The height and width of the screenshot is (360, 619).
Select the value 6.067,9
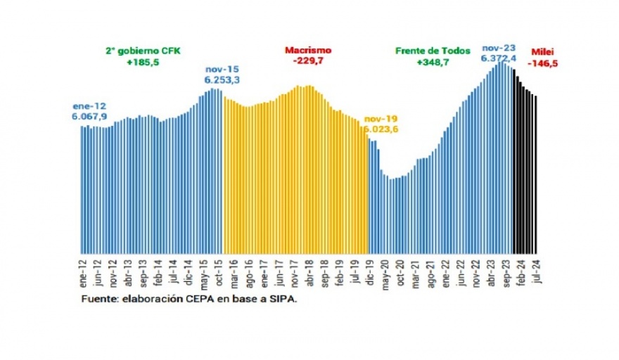(89, 116)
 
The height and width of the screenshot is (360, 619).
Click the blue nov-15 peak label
(222, 70)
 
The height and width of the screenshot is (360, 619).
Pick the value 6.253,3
(222, 81)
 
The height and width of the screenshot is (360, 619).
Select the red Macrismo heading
(308, 51)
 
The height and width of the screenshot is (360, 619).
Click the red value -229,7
(308, 61)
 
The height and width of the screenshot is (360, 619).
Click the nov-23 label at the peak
(497, 48)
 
